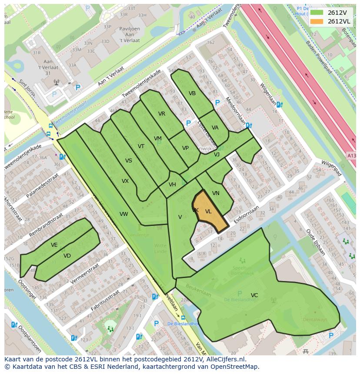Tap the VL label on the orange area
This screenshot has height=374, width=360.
(208, 212)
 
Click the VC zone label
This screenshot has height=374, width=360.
(254, 295)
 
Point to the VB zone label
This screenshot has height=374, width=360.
(192, 93)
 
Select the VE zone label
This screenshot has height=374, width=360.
(54, 245)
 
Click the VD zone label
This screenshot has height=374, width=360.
(67, 256)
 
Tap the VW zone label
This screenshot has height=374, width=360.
(124, 214)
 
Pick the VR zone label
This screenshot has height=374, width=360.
(162, 114)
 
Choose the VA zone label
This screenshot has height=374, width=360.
(215, 128)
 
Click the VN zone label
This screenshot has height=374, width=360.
(216, 193)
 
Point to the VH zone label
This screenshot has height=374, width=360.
(172, 185)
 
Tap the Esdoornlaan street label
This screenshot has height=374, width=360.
(246, 215)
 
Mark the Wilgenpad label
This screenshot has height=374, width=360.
(332, 169)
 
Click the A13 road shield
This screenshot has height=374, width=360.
(351, 155)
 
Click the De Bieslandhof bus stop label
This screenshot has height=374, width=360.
(183, 324)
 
